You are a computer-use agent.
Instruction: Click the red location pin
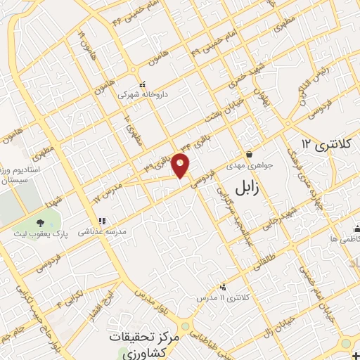pyautogui.click(x=181, y=165)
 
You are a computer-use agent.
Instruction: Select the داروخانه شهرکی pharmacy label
pyautogui.click(x=142, y=93)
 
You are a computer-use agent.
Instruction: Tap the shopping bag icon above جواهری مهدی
pyautogui.click(x=248, y=155)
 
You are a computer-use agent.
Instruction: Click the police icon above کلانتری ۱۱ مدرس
pyautogui.click(x=224, y=286)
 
